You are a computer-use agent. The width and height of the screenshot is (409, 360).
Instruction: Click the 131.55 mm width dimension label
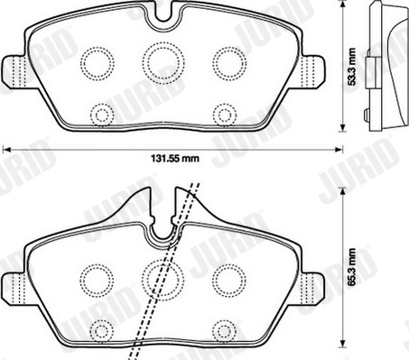point(172,162)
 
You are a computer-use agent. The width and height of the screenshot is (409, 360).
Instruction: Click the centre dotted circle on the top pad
point(162,61)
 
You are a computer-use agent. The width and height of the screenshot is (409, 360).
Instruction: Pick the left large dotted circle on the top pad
point(95,62)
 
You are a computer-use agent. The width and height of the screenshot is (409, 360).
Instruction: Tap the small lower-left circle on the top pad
point(102,113)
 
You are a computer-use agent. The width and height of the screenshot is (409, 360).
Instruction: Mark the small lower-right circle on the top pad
point(223,113)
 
